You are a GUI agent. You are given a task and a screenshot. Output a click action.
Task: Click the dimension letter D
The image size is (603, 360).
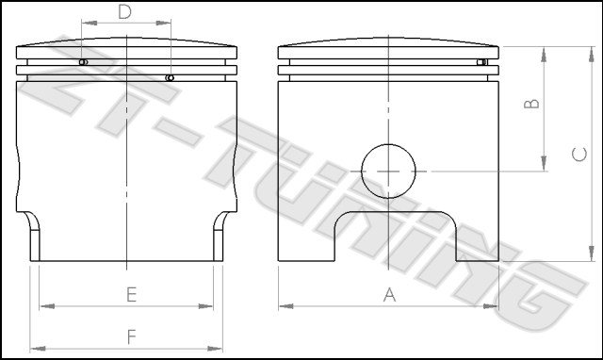point(124,12)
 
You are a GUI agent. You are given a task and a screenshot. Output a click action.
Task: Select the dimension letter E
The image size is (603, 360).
point(132,295)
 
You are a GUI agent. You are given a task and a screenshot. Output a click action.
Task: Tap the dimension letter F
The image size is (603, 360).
point(132,336)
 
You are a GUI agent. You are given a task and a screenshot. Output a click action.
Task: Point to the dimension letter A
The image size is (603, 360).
point(389,295)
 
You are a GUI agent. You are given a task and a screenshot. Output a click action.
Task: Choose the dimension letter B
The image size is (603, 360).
point(531,104)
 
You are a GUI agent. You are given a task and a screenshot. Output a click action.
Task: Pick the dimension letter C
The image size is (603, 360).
point(579,155)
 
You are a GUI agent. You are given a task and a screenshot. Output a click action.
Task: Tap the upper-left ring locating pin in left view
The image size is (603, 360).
point(83,62)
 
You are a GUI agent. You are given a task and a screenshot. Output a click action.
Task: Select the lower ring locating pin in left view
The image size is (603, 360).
point(170,78)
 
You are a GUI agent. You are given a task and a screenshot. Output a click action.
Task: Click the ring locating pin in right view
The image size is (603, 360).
point(481,62)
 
